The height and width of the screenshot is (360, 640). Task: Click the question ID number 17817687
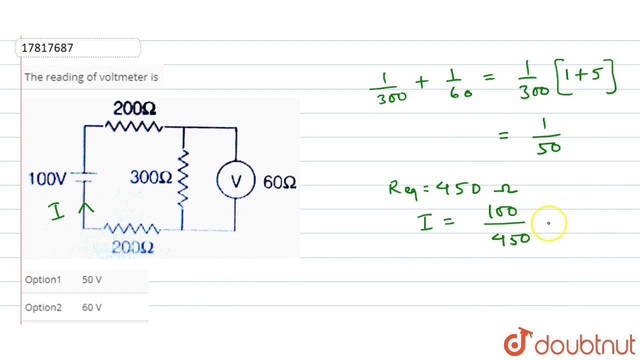[x=47, y=48]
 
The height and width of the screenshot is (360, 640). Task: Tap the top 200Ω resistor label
[x=134, y=108]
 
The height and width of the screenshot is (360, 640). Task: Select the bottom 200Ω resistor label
[x=132, y=247]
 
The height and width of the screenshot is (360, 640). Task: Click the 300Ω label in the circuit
[x=151, y=177]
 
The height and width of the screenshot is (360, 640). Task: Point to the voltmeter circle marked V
[x=236, y=180]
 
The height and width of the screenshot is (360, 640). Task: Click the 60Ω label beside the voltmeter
[x=279, y=182]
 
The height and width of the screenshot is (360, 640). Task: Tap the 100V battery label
[x=47, y=178]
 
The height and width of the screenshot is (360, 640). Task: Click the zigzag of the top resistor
[x=134, y=126]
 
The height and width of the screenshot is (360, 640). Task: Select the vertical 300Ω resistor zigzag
[x=183, y=179]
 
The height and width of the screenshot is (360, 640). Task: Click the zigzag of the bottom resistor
[x=132, y=229]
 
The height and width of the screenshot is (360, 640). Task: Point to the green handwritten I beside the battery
[x=57, y=211]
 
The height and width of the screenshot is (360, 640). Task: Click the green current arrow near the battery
[x=86, y=208]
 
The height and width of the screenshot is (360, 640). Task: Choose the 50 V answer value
[x=91, y=279]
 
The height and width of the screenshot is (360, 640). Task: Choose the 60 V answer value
[x=91, y=307]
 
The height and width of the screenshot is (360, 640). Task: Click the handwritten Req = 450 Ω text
[x=453, y=189]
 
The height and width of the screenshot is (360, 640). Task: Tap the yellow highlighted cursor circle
[x=548, y=223]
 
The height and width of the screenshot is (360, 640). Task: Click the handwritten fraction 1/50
[x=548, y=136]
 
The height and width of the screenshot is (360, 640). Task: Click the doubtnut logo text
[x=584, y=345]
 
